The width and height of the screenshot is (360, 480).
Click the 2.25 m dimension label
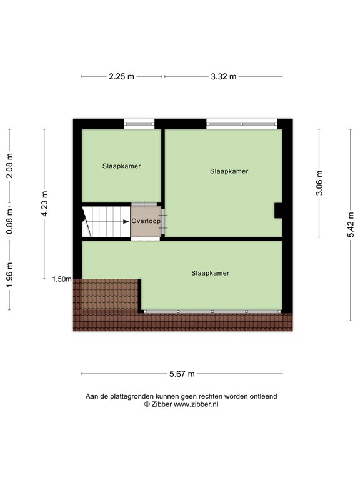pos(121,76)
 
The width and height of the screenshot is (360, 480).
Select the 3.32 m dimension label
pos(224,76)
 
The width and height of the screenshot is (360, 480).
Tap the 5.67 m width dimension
pos(182,374)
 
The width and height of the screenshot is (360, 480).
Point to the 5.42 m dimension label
pos(351,225)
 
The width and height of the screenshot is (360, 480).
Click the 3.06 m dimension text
pos(319,182)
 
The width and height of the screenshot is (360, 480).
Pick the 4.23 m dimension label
pos(44,204)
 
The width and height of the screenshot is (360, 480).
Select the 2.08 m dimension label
pos(9,166)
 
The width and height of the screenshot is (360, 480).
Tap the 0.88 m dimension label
pos(9,222)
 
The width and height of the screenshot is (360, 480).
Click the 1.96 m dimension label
pos(9,275)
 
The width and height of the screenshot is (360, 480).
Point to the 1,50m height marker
pos(62,279)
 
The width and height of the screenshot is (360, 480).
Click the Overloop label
pos(146,221)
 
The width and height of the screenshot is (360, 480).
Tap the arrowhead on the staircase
pos(126,222)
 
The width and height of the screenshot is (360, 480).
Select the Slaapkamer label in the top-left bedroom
pos(121,166)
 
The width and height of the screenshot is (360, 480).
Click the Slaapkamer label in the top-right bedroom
pos(229,171)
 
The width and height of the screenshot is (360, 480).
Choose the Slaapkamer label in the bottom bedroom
pos(210,273)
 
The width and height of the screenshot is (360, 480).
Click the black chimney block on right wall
pos(278,211)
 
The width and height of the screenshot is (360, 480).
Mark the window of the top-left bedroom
pos(139,124)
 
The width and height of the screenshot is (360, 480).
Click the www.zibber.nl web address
pos(196,404)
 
